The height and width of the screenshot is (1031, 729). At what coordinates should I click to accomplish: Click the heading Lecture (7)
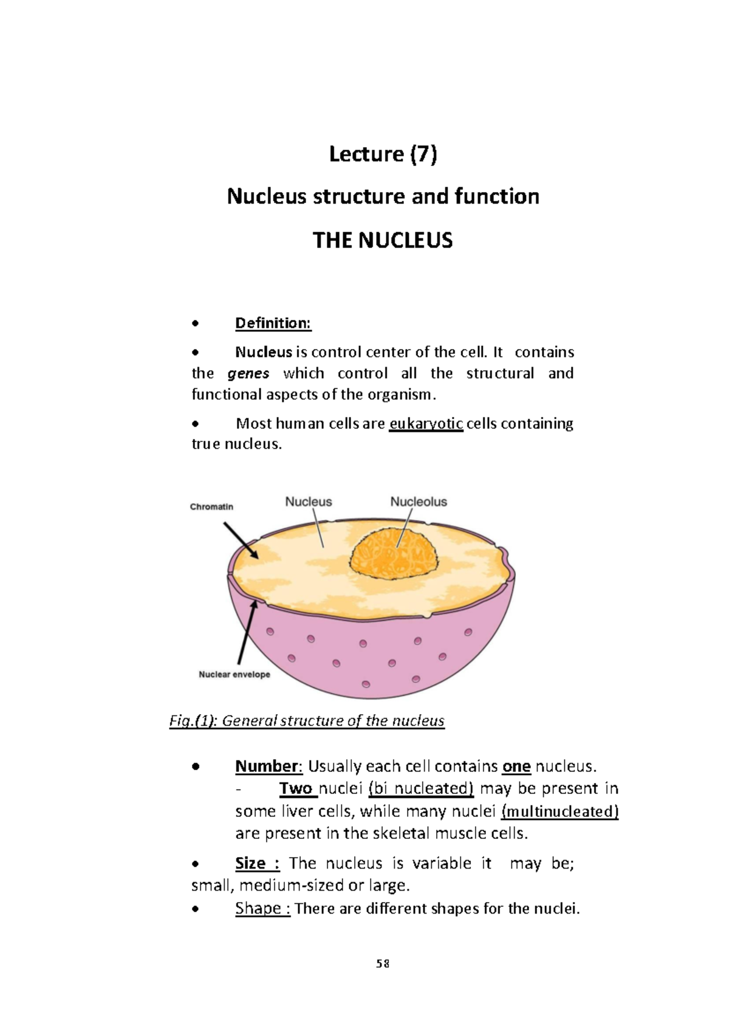(x=383, y=154)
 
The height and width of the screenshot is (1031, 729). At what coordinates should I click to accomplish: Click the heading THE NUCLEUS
(x=383, y=240)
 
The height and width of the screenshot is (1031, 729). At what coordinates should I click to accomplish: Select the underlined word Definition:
(x=273, y=323)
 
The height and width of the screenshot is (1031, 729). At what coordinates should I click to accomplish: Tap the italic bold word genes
(x=248, y=373)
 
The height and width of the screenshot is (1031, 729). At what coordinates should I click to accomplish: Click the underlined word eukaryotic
(x=426, y=423)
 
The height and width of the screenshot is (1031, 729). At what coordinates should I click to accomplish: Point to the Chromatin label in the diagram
(x=211, y=507)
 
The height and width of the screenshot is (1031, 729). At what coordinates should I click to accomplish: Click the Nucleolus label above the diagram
(x=419, y=502)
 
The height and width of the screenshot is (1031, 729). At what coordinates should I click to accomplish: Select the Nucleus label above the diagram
(x=309, y=502)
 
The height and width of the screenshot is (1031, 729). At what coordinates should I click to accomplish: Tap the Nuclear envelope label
(x=234, y=674)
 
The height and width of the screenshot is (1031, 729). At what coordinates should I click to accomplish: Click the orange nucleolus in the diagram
(x=394, y=556)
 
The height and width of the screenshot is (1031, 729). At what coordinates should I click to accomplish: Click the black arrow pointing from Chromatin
(x=241, y=540)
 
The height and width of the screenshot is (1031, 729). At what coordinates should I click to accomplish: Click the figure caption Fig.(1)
(x=307, y=720)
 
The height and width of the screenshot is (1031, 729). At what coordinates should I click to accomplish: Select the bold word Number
(x=267, y=767)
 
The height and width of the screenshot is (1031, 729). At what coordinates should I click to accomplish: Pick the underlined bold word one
(x=516, y=767)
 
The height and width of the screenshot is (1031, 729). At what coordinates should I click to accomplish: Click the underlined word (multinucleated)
(x=560, y=811)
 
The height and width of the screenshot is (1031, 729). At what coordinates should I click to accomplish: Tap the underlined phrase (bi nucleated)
(x=421, y=788)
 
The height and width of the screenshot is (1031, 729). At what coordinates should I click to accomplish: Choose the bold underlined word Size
(x=251, y=863)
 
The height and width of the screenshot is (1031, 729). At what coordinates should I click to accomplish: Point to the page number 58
(x=383, y=964)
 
